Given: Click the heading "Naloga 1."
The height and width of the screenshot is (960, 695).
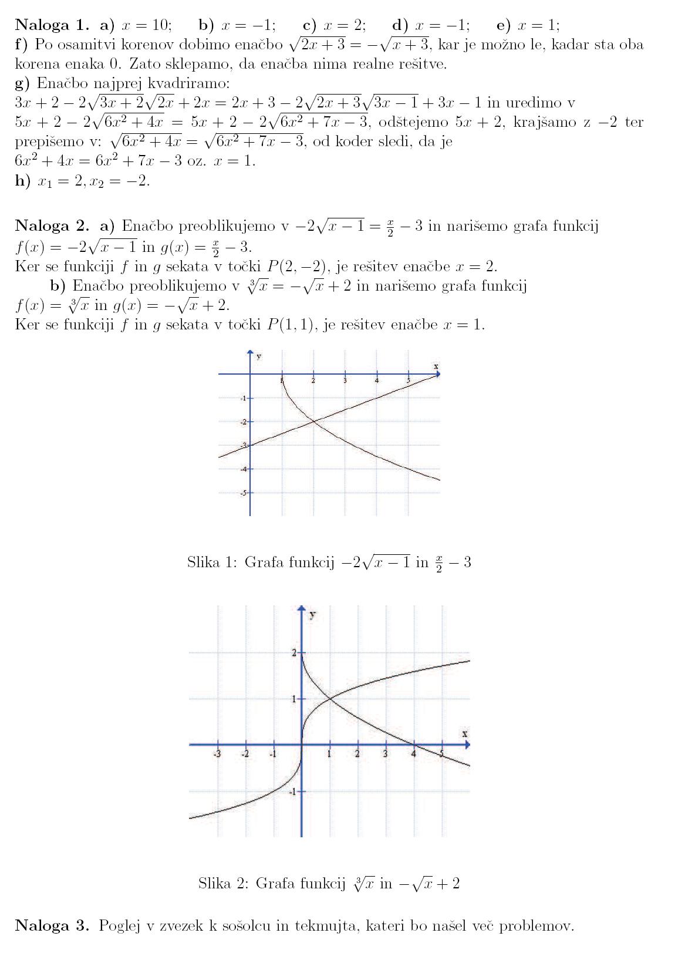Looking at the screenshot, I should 52,25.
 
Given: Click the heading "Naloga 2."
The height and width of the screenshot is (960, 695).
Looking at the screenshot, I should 52,226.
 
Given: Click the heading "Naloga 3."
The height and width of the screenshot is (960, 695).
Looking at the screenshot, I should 52,926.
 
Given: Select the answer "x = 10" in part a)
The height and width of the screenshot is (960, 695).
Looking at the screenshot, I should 146,25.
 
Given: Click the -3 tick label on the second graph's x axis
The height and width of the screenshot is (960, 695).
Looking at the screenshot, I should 217,754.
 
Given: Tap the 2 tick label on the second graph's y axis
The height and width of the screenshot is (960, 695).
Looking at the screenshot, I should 294,652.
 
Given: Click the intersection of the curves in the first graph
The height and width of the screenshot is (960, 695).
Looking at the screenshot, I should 313,421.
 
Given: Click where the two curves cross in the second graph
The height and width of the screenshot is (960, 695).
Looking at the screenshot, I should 329,698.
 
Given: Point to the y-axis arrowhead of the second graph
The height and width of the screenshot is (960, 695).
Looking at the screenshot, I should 302,609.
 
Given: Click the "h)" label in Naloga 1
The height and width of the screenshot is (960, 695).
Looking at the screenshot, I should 22,181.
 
